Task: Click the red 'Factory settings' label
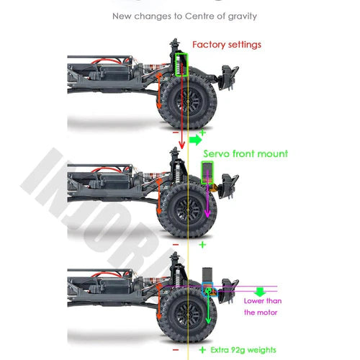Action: click(227, 45)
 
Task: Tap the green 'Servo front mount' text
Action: click(246, 153)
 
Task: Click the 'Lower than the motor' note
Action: click(263, 307)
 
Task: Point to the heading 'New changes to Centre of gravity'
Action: click(184, 17)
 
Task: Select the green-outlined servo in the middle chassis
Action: click(207, 173)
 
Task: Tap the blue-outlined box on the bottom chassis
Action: click(210, 289)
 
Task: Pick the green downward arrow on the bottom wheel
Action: click(208, 307)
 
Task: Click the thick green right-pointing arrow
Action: click(195, 140)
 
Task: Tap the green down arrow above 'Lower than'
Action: click(260, 292)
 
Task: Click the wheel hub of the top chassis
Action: click(188, 102)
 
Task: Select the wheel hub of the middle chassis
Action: click(188, 210)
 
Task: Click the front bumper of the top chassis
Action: click(230, 77)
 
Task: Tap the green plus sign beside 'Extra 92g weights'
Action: click(202, 350)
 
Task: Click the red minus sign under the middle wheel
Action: click(176, 245)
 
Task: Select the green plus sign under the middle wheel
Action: click(202, 245)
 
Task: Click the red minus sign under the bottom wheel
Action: click(176, 350)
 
